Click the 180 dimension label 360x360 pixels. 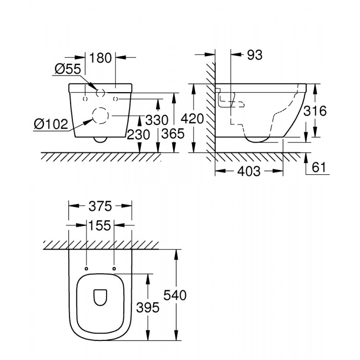[100, 58]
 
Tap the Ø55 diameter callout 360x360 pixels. [67, 69]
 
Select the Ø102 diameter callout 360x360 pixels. [50, 124]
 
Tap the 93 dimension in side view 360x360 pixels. [254, 55]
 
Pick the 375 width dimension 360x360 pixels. [100, 206]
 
